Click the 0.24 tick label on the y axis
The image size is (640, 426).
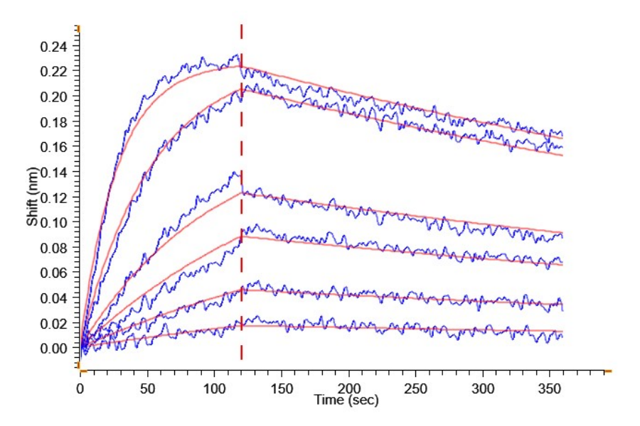click(53, 47)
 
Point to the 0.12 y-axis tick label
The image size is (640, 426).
click(53, 197)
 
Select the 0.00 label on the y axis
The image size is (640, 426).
click(53, 349)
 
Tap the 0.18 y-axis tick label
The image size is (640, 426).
click(53, 122)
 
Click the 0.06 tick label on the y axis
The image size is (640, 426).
click(53, 273)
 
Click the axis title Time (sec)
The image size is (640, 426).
click(346, 400)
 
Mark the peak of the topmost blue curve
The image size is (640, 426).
click(236, 55)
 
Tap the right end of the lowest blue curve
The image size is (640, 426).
click(562, 335)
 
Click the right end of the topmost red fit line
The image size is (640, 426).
click(562, 137)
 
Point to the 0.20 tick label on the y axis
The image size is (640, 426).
click(53, 97)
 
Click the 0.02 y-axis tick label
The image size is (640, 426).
click(53, 324)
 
